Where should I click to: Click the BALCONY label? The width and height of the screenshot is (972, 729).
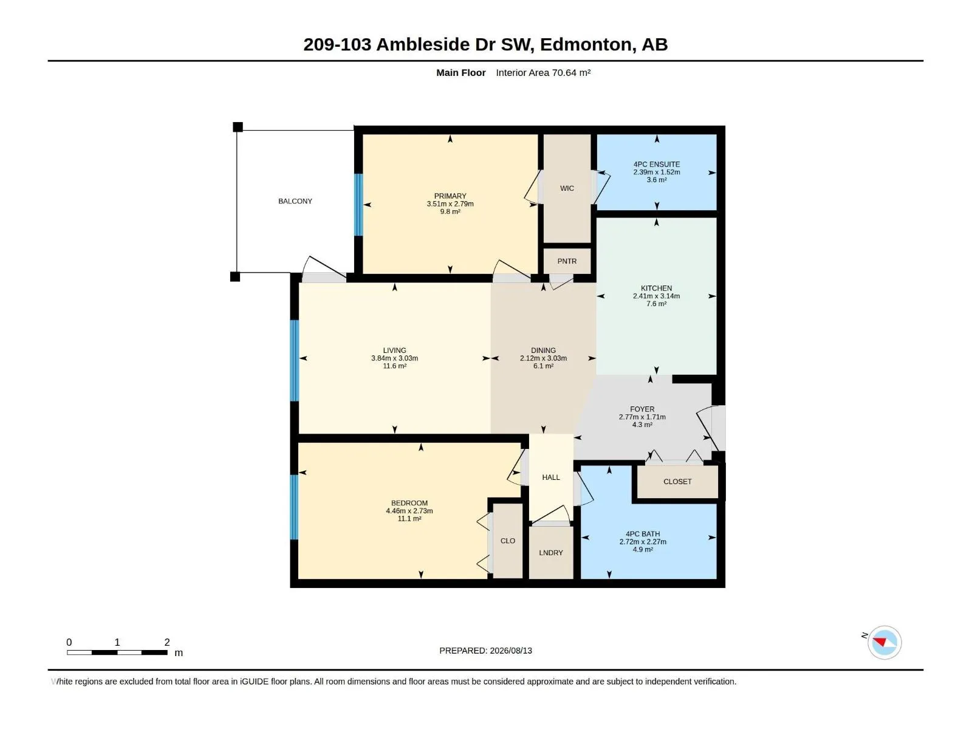pos(295,201)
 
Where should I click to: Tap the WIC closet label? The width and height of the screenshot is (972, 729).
pos(567,188)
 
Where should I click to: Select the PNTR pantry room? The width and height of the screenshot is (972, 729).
pos(567,261)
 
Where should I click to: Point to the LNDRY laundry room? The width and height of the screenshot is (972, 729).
pos(551,552)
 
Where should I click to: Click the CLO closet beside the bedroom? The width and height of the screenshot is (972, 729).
pos(507,541)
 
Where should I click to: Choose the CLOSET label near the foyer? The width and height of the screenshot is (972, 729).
pos(677,482)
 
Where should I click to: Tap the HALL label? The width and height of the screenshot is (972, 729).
pos(551,477)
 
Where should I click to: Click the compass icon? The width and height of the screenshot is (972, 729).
pos(885,642)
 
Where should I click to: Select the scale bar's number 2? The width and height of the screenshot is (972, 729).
pos(167,642)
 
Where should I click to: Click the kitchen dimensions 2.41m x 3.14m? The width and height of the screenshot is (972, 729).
pos(656,296)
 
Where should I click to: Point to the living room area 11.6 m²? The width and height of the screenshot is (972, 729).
pos(394,366)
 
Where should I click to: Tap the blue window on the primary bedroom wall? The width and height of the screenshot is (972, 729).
pos(358,205)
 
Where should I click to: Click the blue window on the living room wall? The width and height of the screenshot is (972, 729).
pos(295,360)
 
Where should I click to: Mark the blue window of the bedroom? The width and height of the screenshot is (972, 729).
pos(294,507)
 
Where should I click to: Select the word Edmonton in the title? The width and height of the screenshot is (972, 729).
pos(586,44)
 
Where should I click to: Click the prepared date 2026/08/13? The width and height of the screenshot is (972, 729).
pos(510,651)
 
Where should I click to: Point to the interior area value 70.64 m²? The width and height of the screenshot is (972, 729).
pos(571,72)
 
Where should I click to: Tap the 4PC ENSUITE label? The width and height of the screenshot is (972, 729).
pos(656,164)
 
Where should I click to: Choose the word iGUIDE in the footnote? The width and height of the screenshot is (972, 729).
pos(254,682)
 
